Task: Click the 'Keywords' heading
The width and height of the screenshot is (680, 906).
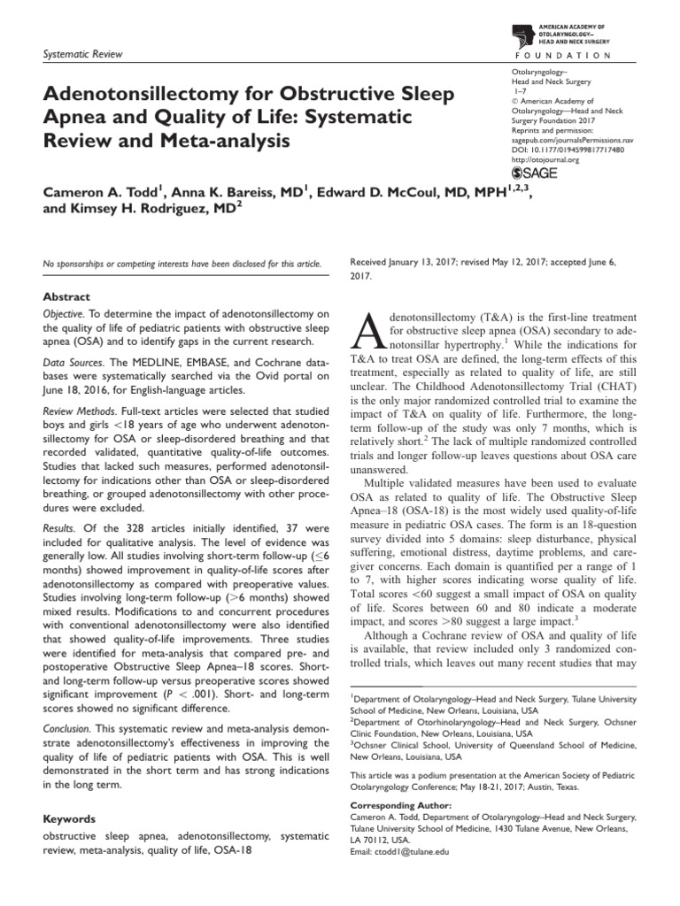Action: click(x=69, y=819)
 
